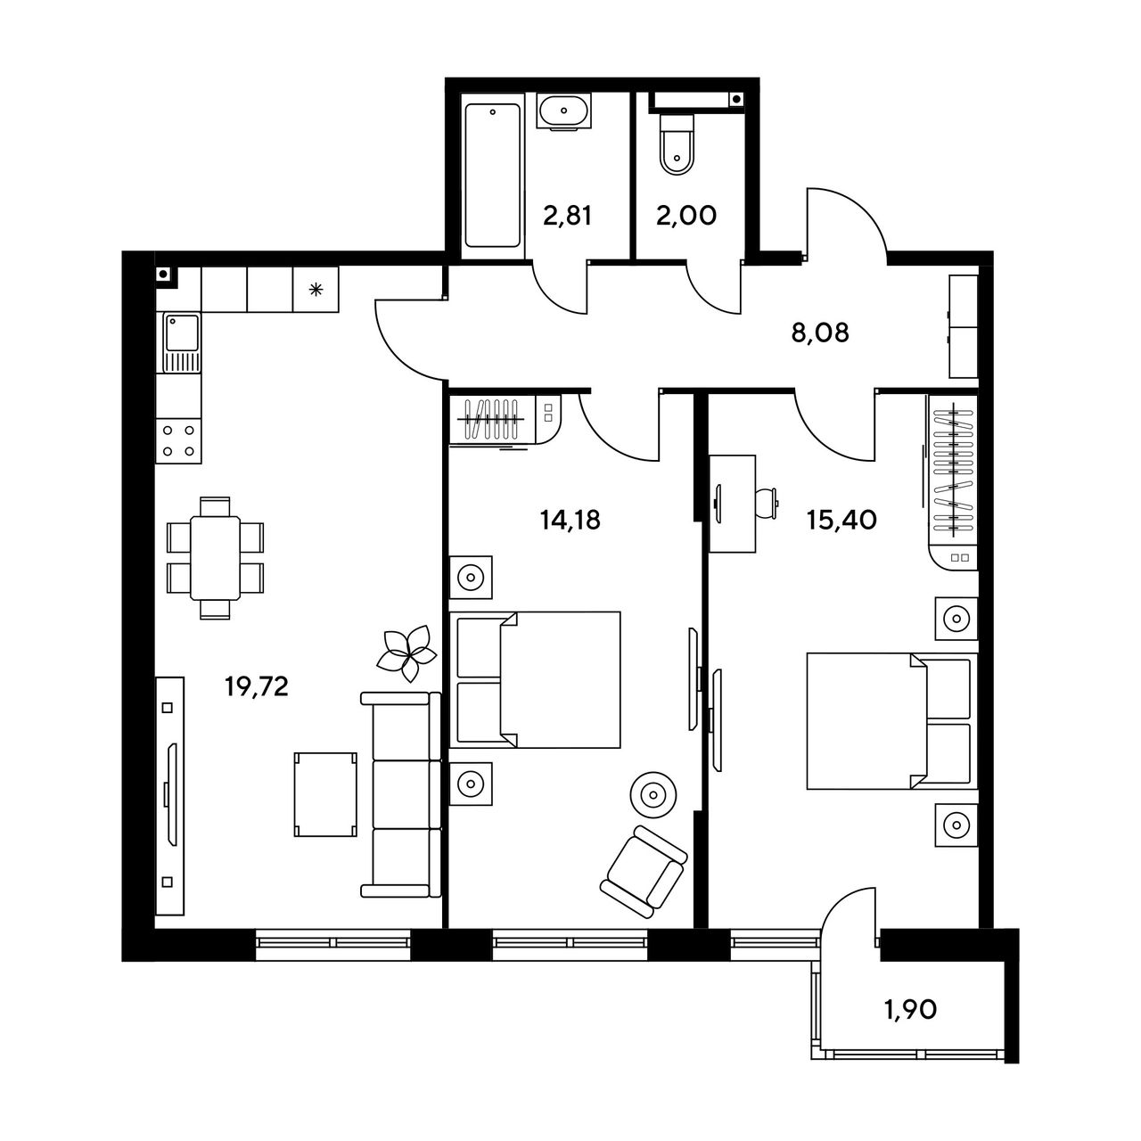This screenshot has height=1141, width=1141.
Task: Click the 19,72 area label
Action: [x=257, y=687]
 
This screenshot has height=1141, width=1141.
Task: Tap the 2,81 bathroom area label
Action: [x=567, y=216]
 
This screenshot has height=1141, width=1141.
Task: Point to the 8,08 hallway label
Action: [x=820, y=333]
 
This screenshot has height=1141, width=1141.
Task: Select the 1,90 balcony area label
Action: [x=911, y=1010]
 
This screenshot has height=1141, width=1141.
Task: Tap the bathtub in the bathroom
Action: [x=493, y=176]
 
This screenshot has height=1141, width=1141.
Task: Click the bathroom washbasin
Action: [x=563, y=111]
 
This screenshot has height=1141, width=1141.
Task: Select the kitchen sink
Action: [x=183, y=343]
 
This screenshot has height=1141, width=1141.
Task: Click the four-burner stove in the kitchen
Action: [x=178, y=441]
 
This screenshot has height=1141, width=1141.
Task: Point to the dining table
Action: [x=215, y=558]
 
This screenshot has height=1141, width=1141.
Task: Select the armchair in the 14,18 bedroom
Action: [x=644, y=872]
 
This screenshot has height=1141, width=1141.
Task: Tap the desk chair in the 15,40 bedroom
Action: [x=766, y=504]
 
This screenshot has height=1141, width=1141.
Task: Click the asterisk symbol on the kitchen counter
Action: [x=316, y=290]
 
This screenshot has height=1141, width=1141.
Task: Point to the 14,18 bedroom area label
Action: [x=570, y=520]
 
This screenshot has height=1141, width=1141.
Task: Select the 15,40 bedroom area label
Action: [x=841, y=520]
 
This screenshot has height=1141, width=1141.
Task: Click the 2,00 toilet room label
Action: [x=686, y=216]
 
